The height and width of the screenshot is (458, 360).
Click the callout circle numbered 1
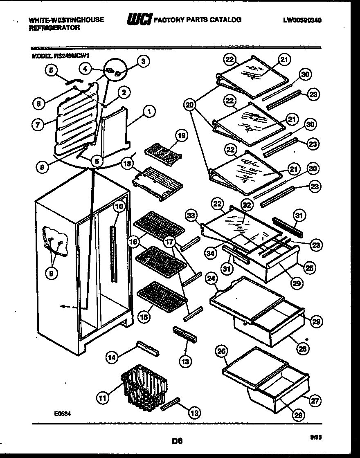pos(149,110)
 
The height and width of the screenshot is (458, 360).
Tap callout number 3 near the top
pos(142,61)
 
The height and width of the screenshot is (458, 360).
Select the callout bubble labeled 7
pos(37,125)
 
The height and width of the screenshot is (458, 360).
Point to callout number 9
pos(51,274)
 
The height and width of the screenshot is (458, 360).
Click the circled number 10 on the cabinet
pos(119,207)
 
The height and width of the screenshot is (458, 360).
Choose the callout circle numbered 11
pos(103,397)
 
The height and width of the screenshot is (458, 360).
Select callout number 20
pos(189,105)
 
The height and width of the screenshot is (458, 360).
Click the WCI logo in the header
pos(139,19)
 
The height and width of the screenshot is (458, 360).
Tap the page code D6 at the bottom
pos(177,441)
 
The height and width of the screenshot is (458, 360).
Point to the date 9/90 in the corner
pos(316,437)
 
